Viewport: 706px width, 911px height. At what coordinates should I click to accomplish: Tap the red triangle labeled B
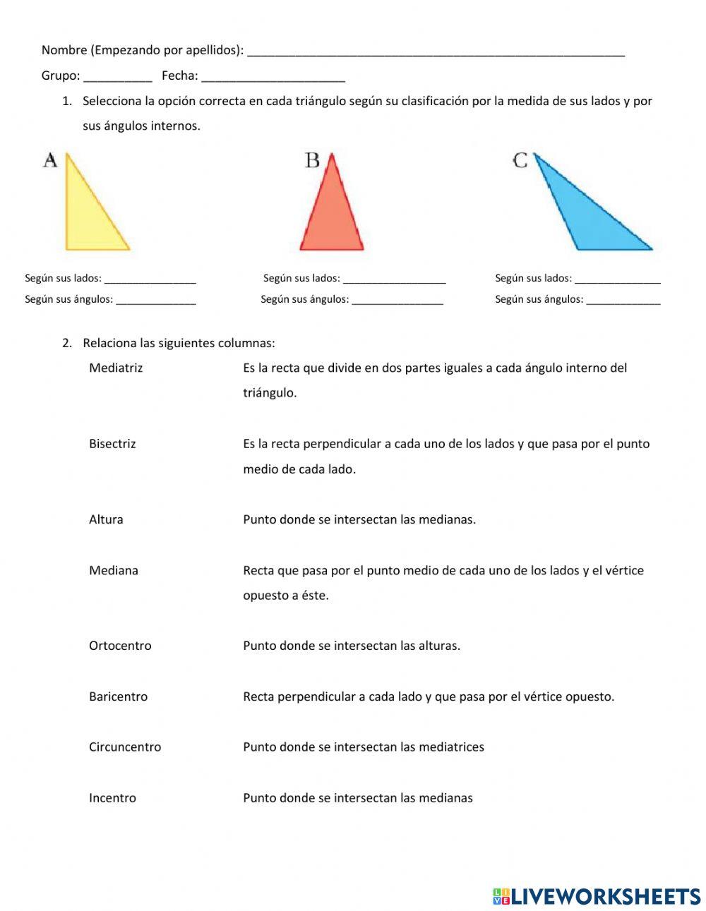click(331, 215)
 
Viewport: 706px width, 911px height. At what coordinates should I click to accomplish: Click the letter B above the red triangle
click(312, 161)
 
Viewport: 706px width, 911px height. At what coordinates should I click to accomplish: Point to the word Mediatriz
click(116, 368)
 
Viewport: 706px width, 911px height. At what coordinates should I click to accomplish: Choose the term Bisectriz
click(112, 444)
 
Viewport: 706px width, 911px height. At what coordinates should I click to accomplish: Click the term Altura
click(106, 519)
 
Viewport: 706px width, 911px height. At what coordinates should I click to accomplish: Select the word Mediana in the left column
click(114, 570)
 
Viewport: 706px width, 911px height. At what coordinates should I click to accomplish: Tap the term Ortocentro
click(120, 646)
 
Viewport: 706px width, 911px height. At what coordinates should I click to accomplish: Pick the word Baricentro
click(118, 696)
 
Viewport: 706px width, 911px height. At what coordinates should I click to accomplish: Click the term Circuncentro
click(125, 747)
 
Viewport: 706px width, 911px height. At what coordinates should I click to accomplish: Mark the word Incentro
click(112, 798)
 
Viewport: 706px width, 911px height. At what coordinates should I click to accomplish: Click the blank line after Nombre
click(436, 52)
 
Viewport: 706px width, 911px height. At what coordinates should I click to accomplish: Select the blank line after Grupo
click(117, 78)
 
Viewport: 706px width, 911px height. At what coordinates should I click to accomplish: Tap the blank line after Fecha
click(273, 78)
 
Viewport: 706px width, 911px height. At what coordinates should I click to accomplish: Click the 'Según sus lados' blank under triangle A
click(150, 280)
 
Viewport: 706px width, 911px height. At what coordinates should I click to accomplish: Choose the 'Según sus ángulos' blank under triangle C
click(623, 301)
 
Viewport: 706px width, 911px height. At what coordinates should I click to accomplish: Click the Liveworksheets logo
click(596, 896)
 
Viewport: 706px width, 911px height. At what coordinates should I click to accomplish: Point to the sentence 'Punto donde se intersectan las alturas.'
click(352, 646)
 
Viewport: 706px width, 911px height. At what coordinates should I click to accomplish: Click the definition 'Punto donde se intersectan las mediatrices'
click(364, 747)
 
